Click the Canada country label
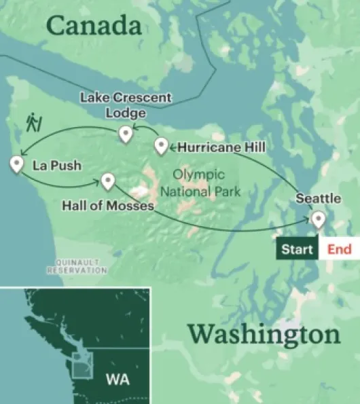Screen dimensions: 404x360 click(94, 26)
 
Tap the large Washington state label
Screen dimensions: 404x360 click(264, 335)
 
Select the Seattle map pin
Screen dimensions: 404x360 click(317, 219)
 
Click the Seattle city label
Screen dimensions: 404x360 click(318, 199)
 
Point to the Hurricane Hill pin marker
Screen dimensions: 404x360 click(161, 145)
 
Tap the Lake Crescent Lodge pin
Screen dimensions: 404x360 click(125, 134)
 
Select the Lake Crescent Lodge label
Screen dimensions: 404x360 click(126, 105)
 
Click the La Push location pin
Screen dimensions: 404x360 click(17, 164)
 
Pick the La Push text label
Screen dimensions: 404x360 click(56, 165)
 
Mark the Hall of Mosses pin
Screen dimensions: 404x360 click(108, 181)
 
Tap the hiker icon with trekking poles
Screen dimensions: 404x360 click(33, 122)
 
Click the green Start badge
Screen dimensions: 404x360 click(298, 249)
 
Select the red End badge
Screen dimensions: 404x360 click(340, 249)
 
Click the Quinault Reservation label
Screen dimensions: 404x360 click(77, 266)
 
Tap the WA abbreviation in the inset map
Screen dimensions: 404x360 click(116, 378)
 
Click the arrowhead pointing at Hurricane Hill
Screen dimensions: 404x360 click(170, 146)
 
